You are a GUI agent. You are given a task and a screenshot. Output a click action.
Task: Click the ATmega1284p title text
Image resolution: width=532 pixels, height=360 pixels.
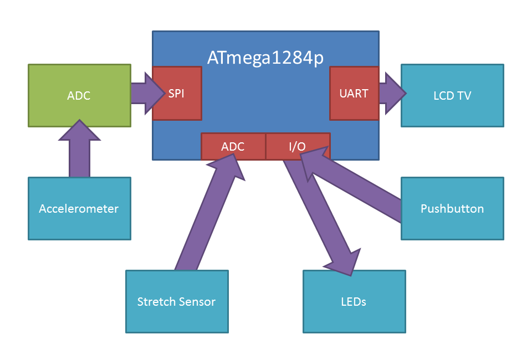[265, 58]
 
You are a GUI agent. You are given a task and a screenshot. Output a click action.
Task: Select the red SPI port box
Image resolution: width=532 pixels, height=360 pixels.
[177, 93]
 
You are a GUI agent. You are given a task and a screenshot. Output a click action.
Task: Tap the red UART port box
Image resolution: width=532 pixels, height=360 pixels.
[354, 93]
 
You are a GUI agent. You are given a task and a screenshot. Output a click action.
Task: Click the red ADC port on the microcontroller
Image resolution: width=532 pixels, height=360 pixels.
[233, 146]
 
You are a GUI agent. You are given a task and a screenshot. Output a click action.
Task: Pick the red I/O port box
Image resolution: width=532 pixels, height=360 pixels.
[298, 146]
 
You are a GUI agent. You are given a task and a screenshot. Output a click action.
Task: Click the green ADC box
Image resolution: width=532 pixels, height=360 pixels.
[79, 95]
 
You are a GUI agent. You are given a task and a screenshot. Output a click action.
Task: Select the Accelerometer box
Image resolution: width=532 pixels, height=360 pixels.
[79, 208]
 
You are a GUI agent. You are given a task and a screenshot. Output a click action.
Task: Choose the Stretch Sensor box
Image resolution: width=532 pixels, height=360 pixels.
[177, 301]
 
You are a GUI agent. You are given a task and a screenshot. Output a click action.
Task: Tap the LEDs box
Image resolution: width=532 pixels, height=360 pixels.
[354, 301]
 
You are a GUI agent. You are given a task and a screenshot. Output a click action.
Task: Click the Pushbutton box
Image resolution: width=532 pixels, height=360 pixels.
[452, 208]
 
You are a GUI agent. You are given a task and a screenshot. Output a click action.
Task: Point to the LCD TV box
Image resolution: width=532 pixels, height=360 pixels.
[452, 95]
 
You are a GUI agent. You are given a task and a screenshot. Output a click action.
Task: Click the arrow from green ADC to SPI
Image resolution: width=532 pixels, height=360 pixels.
[142, 93]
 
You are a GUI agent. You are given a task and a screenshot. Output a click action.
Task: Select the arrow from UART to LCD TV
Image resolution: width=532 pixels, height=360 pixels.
[391, 93]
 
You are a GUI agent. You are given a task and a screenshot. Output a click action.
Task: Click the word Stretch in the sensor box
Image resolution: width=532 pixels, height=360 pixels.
[156, 302]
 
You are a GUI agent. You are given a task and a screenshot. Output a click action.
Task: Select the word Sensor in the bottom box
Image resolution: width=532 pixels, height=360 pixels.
[196, 302]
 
